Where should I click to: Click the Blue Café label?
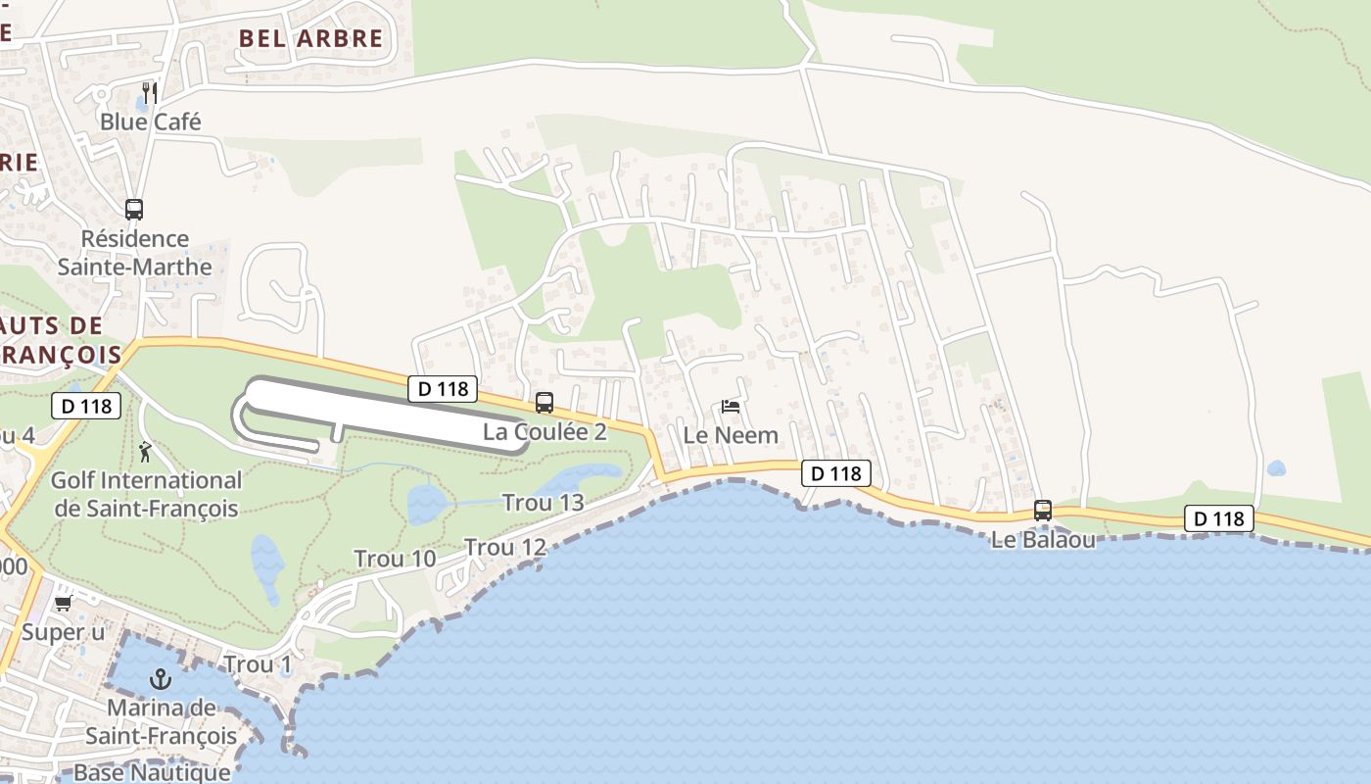151,122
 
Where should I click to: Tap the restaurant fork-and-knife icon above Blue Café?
150,93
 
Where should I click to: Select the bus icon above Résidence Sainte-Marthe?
134,209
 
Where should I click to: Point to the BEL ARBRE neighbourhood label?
311,38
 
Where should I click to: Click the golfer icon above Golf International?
147,452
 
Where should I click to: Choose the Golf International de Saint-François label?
147,494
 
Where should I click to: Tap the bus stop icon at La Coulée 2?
544,403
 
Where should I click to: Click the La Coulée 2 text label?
544,431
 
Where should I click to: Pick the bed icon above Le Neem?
730,407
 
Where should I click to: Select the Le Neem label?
731,435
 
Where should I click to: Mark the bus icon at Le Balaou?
1043,511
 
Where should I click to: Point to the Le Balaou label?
1043,539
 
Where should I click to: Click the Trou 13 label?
543,503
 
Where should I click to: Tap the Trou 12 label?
504,547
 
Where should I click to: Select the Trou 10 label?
395,559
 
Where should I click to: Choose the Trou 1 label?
258,664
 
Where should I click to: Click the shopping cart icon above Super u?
64,604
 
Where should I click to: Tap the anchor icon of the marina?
160,678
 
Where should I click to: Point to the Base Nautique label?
152,772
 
